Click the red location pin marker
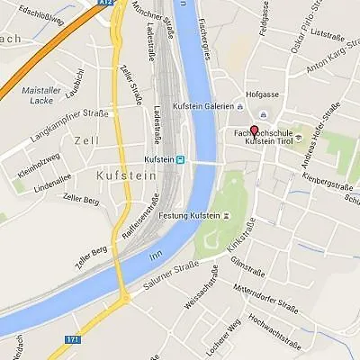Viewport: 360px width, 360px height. pyautogui.click(x=253, y=130)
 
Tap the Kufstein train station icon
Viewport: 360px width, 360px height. pyautogui.click(x=181, y=160)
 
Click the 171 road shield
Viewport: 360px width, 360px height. pyautogui.click(x=73, y=339)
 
